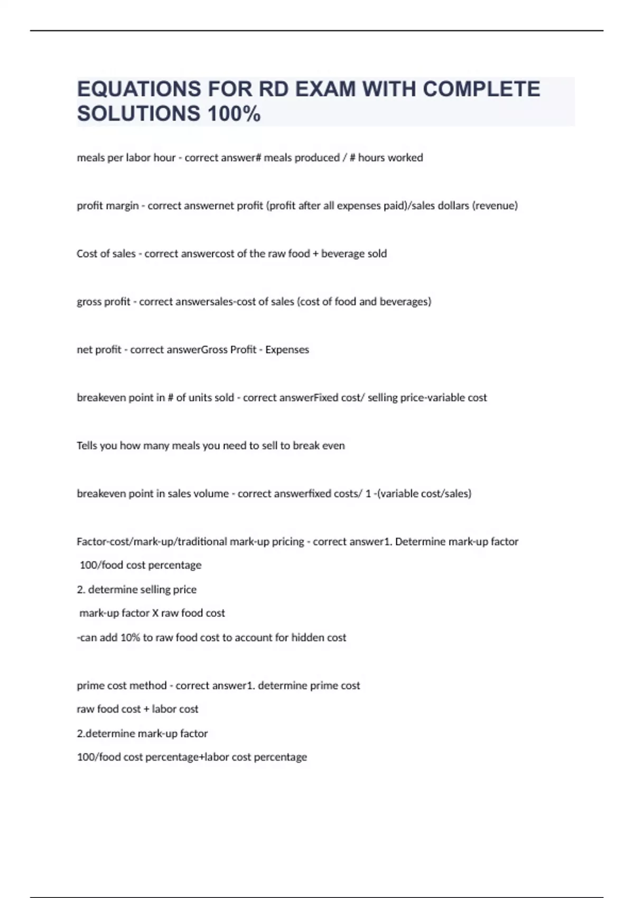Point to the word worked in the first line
coord(406,157)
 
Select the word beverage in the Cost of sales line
coord(343,254)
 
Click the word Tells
coord(87,446)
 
